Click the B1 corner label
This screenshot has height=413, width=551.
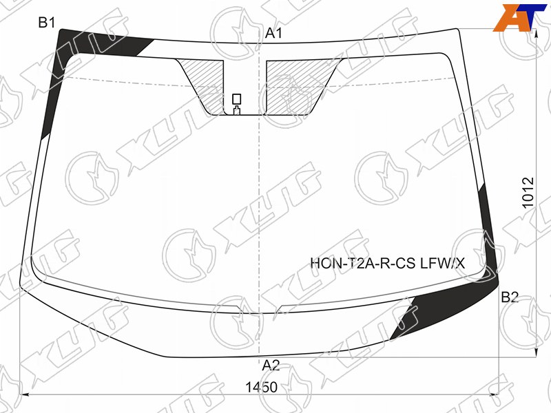[x=47, y=23]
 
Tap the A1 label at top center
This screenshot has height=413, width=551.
[x=273, y=33]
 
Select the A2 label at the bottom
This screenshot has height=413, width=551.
[x=271, y=366]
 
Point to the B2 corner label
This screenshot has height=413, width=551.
[x=510, y=297]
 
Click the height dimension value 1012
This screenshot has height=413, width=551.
[x=528, y=193]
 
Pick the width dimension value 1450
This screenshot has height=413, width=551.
[x=261, y=388]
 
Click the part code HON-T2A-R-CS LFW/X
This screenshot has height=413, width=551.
[x=388, y=263]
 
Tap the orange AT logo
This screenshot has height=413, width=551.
[x=519, y=18]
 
